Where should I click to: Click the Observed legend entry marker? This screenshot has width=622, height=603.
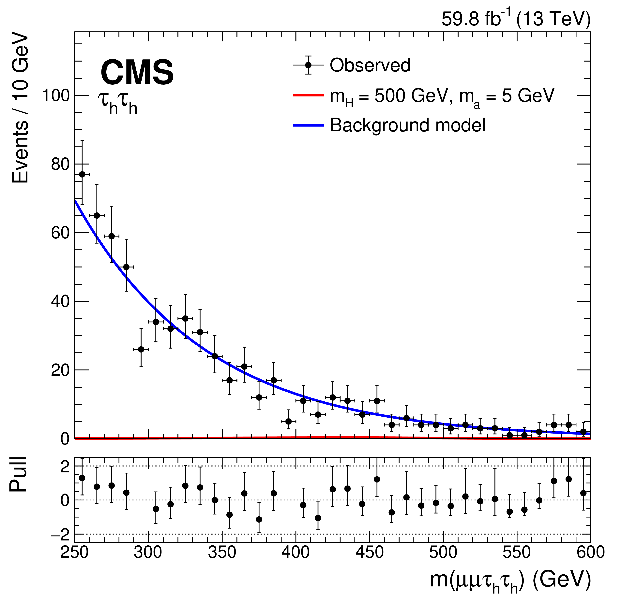308,65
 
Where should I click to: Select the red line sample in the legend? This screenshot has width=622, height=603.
308,95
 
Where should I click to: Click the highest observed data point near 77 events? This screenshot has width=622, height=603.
82,174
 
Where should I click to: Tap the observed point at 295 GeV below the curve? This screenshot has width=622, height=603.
141,349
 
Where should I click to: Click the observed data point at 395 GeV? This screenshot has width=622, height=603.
288,421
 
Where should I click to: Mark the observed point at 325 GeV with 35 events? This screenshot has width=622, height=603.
185,318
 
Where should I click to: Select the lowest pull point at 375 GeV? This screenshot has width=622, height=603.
259,519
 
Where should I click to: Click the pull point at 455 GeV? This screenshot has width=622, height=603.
377,479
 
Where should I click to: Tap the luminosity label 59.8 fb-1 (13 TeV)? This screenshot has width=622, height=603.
516,19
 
